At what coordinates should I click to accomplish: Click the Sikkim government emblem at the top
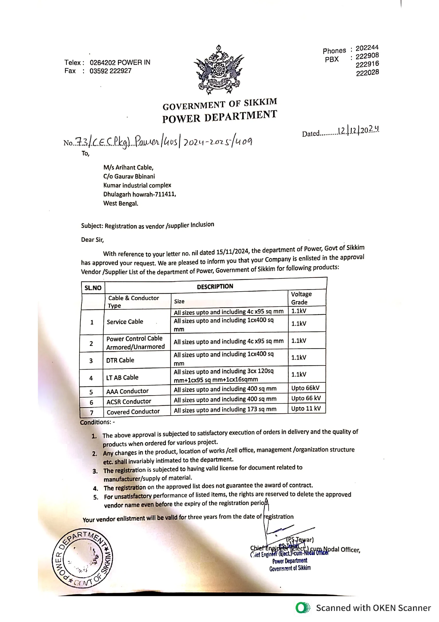218,70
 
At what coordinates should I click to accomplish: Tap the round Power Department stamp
82,558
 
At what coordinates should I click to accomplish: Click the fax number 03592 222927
110,71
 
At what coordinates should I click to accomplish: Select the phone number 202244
367,48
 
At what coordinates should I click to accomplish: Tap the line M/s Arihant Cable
128,167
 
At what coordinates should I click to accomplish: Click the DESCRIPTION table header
215,287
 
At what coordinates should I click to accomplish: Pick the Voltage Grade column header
301,298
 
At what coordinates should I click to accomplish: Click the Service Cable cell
125,322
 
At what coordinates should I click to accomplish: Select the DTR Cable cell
120,360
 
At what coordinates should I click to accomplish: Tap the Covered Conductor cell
133,412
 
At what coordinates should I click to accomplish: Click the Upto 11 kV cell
306,408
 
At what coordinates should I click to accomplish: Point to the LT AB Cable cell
122,377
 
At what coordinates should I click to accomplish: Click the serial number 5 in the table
91,392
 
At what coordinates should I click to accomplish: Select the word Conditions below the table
96,422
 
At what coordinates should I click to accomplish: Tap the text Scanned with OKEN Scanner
373,608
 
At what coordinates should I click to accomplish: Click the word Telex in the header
73,63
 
